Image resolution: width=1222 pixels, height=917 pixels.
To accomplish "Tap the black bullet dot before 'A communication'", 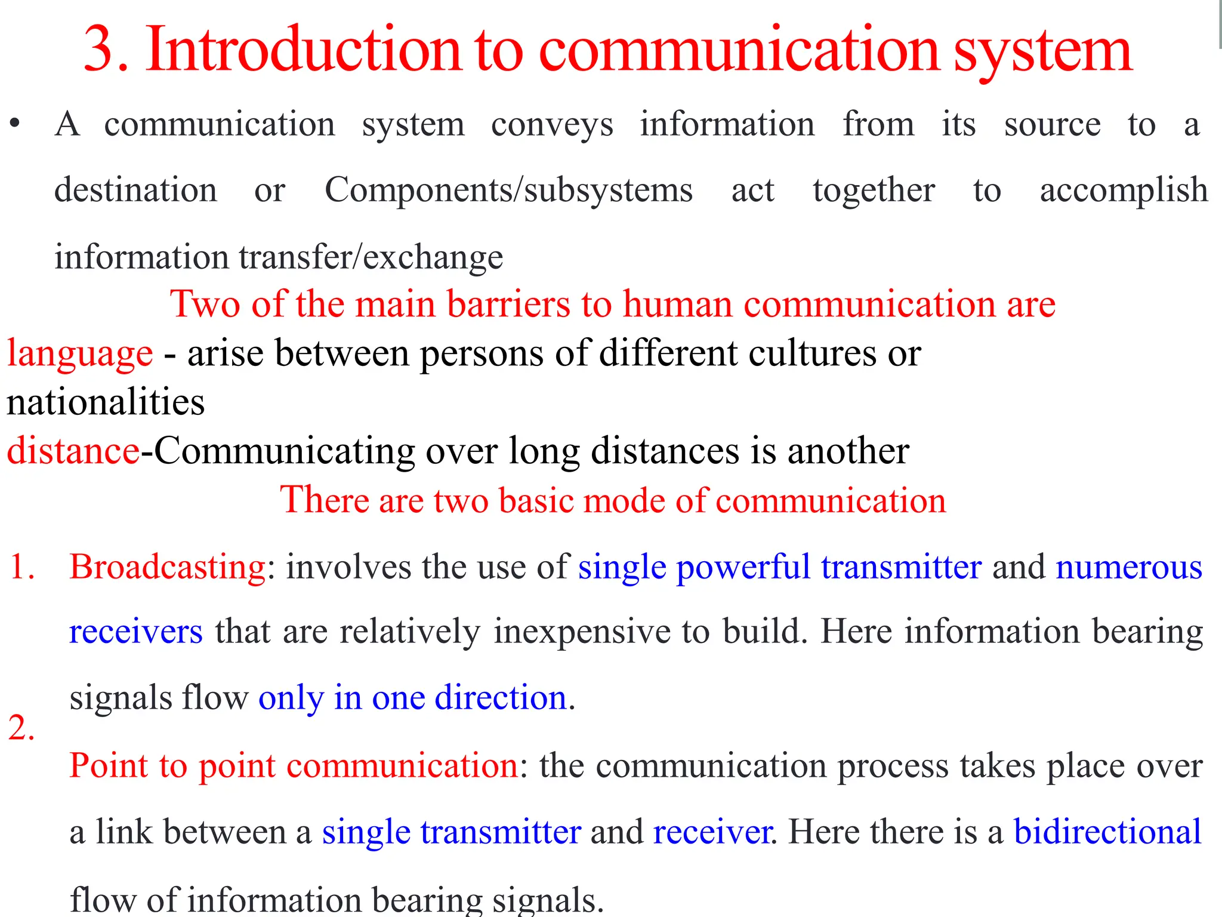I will tap(15, 124).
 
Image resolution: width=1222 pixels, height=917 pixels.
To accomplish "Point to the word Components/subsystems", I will tap(508, 191).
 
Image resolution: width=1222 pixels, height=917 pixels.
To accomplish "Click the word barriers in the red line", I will tap(508, 304).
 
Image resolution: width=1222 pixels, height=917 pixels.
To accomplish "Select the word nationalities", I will tap(106, 402).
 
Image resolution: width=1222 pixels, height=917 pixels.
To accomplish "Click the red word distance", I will tap(73, 451).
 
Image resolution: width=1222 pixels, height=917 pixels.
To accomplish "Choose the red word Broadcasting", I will tap(168, 568).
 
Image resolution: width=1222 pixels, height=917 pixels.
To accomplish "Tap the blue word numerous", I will tap(1128, 568).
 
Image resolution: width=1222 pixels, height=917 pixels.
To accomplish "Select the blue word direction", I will tap(500, 697).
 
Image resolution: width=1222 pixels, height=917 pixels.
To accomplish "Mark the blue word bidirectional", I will tap(1107, 832).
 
